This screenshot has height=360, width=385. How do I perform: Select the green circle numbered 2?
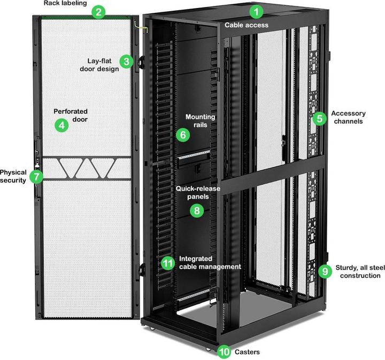(97, 12)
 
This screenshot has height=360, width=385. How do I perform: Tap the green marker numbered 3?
(126, 61)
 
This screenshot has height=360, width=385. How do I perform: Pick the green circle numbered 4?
(62, 126)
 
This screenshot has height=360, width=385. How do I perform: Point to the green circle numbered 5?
(319, 119)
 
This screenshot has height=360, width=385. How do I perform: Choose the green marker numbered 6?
(183, 135)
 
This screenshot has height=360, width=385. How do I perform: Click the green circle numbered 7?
(36, 177)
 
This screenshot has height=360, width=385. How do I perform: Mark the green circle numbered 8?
(197, 210)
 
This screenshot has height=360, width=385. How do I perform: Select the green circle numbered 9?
(325, 271)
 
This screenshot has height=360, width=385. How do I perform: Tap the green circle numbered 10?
(224, 351)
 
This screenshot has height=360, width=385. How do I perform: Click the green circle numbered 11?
(168, 263)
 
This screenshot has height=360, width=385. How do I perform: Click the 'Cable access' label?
(247, 25)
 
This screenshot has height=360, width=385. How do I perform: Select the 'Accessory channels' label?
(348, 117)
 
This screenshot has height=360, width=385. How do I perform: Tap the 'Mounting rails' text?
(200, 120)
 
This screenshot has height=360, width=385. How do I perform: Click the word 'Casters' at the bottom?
(248, 352)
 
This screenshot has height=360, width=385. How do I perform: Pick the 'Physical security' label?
(13, 176)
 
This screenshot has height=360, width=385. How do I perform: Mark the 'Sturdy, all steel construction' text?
(358, 271)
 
